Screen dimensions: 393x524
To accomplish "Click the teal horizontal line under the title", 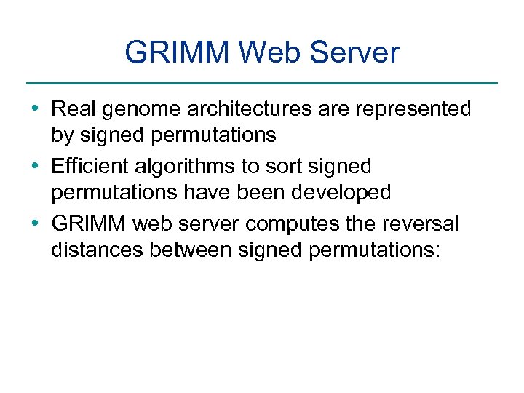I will click(x=262, y=83).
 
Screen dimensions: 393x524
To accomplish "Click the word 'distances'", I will click(x=98, y=251).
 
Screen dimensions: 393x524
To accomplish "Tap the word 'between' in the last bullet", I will click(x=191, y=251).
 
